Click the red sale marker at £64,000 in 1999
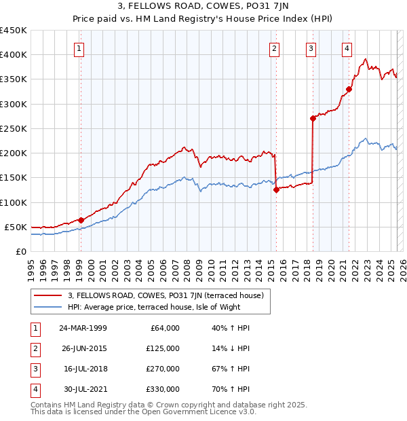point(81,220)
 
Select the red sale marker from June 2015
point(276,190)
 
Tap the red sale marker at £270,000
point(313,119)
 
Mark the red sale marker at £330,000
point(349,89)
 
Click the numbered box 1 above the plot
point(79,48)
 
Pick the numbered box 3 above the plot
point(310,48)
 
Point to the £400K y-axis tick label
point(14,55)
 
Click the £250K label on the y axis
point(14,128)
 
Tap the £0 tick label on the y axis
point(21,251)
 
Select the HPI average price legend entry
point(163,307)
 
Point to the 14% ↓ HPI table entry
point(230,348)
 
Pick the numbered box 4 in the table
point(35,389)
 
